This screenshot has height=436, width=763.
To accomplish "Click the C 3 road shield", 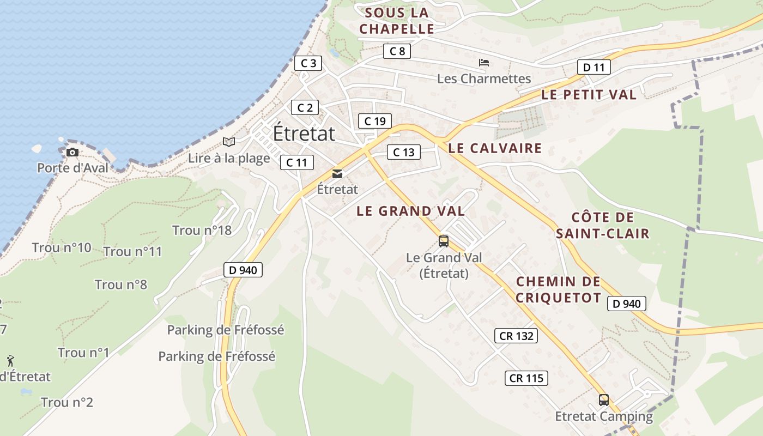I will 308,63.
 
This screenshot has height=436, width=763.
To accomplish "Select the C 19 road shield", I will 374,121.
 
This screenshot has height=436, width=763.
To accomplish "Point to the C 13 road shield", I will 403,152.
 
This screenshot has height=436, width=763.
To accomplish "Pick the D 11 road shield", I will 594,68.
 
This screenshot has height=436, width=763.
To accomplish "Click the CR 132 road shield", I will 516,336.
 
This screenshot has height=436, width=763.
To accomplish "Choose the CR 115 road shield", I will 527,378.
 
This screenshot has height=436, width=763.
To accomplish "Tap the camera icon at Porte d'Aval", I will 72,152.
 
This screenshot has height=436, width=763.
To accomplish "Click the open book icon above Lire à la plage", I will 229,142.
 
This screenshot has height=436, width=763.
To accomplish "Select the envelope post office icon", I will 337,174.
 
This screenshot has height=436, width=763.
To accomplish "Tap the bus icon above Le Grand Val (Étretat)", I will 444,241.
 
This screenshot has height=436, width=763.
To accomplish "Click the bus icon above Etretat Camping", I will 603,400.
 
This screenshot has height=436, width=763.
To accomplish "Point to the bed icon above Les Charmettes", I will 483,63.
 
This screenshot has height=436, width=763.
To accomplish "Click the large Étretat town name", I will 304,133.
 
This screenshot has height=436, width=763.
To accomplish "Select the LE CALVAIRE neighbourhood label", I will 495,148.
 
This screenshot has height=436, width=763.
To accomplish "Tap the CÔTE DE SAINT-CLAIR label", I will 602,226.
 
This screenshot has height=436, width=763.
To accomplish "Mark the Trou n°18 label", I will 202,230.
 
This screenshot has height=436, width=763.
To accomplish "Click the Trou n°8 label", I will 120,284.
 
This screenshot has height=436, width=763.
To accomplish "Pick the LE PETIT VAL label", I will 589,94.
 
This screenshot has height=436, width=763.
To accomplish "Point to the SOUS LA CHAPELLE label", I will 397,21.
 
